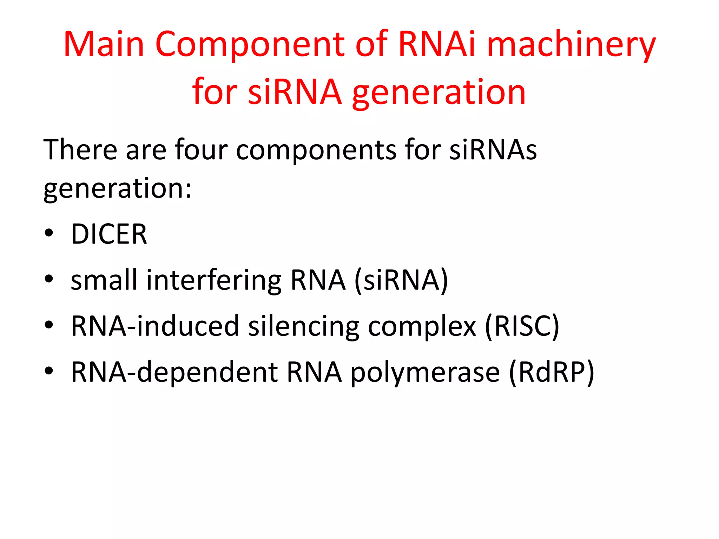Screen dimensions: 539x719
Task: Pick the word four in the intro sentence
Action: pos(201,150)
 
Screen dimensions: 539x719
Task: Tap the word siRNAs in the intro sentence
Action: pos(493,150)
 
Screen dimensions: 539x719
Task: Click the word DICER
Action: pos(109,234)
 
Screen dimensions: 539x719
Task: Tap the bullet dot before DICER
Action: pos(49,233)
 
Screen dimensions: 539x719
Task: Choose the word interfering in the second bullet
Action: pos(214,281)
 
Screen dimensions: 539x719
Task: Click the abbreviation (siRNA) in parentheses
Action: pos(401,281)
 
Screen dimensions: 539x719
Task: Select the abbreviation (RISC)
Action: pos(522,326)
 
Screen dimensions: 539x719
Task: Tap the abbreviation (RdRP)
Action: pos(552,372)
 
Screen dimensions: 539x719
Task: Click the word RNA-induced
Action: pos(155,326)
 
